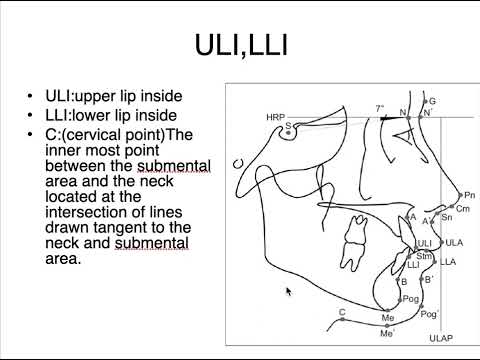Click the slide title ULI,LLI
point(240,46)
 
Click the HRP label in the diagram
point(275,117)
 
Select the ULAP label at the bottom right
point(440,340)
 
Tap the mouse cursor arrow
point(289,292)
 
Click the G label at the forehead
point(432,101)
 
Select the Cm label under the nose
point(461,208)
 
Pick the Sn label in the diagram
point(446,217)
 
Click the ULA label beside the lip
point(454,243)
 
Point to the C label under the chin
point(342,313)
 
